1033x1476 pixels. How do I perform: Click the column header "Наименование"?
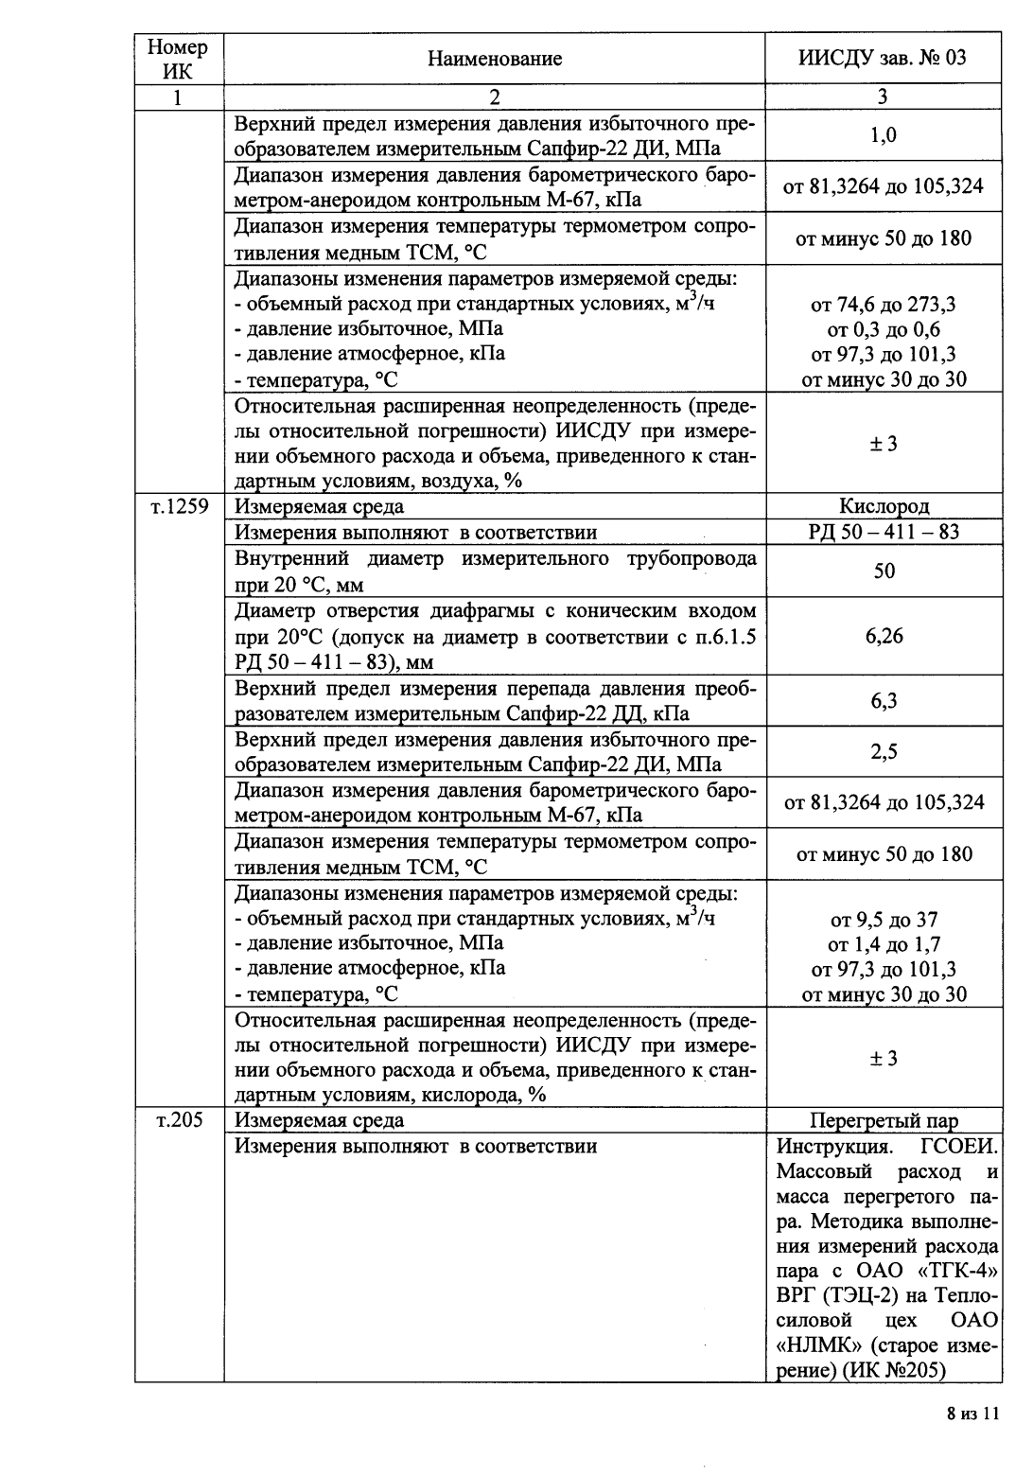[x=494, y=59]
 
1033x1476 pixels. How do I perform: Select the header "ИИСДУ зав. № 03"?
[x=883, y=59]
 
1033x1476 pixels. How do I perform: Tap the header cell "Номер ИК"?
[x=178, y=59]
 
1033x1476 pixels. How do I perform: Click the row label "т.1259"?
[x=178, y=507]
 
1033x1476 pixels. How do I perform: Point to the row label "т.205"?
[x=178, y=1120]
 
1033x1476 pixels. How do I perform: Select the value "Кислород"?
[x=884, y=507]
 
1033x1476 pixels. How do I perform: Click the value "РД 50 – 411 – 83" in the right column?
[x=884, y=532]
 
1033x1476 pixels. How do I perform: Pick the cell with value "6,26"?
[x=884, y=636]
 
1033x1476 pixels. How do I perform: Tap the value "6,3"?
[x=884, y=701]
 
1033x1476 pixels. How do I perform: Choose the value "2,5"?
[x=884, y=752]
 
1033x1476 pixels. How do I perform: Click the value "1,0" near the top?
[x=884, y=135]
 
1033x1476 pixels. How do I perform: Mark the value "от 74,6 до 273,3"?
[x=884, y=305]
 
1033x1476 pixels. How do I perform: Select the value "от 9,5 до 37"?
[x=884, y=920]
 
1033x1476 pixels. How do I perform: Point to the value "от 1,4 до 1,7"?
[x=884, y=944]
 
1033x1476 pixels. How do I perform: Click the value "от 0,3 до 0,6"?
[x=884, y=329]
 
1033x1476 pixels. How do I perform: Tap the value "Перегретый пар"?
[x=884, y=1121]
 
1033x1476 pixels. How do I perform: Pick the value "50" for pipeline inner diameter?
[x=884, y=571]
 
